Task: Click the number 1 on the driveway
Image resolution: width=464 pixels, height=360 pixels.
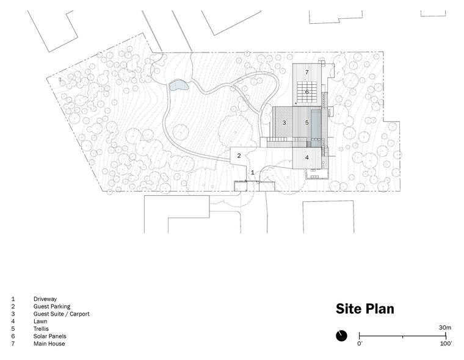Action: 253,172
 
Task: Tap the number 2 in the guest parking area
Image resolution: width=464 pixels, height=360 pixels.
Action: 239,156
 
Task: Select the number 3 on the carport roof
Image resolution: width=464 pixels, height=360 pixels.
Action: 284,123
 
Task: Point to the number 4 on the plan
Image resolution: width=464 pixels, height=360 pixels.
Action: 307,157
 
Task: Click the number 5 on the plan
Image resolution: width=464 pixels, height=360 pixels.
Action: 307,123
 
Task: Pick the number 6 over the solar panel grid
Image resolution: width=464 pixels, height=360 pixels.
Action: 307,92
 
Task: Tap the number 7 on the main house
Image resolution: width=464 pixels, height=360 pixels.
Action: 307,72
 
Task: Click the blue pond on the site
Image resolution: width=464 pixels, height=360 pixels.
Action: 178,85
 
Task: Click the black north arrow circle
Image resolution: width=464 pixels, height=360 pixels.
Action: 341,336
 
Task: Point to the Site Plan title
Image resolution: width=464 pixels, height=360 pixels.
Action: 365,309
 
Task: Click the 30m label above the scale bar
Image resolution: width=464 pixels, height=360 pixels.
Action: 444,328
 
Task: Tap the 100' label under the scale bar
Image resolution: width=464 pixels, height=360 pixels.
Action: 446,344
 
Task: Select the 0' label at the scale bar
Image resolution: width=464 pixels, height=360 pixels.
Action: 360,344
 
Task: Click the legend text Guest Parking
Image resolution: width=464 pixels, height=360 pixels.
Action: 52,306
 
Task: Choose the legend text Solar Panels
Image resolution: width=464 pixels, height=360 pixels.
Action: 49,336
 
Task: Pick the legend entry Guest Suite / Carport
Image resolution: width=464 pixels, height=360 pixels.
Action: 61,314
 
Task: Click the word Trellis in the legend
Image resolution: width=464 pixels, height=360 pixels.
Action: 41,329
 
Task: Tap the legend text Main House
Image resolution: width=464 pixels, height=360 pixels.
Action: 49,344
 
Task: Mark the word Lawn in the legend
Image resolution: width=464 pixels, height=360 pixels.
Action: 40,321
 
